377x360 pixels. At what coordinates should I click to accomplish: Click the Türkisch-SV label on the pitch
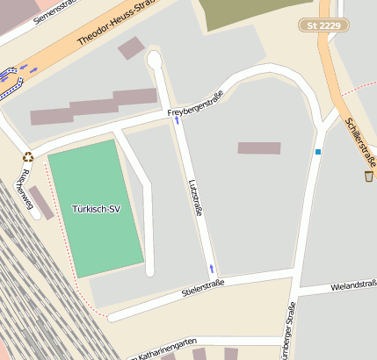96,209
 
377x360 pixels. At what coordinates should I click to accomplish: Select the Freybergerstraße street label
196,105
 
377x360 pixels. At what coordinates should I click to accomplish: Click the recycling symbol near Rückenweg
27,157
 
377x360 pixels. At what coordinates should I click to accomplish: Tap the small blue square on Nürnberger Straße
318,152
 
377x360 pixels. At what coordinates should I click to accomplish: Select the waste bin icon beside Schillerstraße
368,176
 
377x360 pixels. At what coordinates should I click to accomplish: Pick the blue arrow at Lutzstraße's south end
211,267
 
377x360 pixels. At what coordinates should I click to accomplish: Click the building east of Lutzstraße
258,148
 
